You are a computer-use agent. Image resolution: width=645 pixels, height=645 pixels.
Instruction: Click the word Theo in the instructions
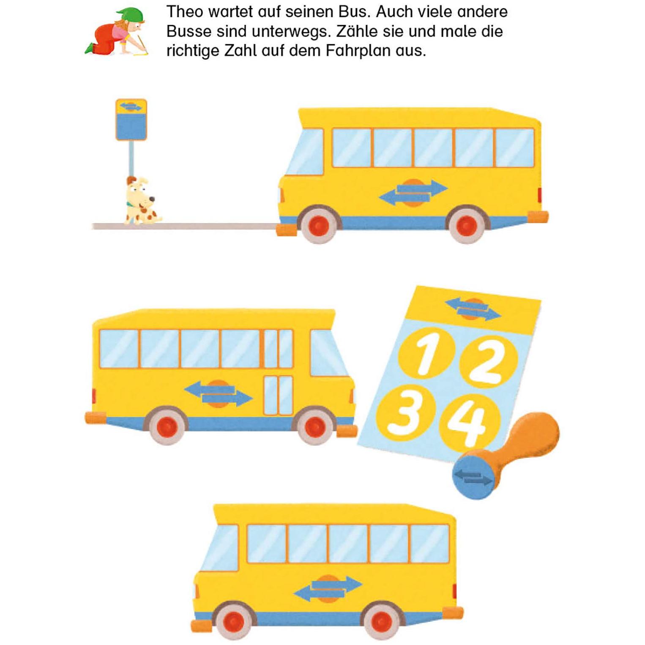tap(185, 12)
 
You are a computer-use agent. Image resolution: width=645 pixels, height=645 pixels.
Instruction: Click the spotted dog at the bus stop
tap(142, 201)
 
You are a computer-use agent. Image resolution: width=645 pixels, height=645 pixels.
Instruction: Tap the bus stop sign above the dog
tap(131, 120)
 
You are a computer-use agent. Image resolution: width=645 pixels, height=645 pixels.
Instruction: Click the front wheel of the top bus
tap(319, 224)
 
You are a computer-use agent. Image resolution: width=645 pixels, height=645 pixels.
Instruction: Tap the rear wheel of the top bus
tap(467, 224)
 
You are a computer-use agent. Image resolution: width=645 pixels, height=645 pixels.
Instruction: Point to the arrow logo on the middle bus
tap(219, 394)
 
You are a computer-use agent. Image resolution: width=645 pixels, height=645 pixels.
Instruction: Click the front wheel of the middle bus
tap(314, 426)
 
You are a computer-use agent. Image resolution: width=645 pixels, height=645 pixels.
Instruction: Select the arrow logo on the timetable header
tap(473, 308)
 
